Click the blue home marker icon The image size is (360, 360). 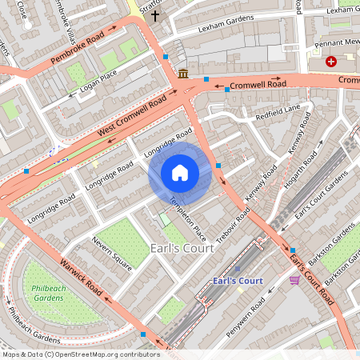(180, 173)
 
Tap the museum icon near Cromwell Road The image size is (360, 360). (184, 74)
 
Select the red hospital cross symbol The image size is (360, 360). (330, 62)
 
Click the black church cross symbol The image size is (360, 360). (155, 14)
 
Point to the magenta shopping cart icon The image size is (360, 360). (294, 280)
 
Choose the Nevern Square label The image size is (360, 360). (110, 253)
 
